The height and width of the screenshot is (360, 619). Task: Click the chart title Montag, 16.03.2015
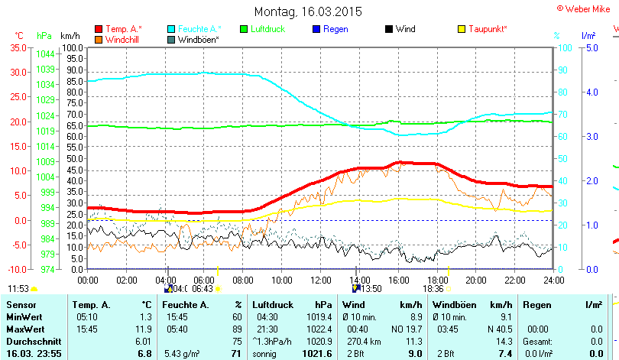tap(308, 12)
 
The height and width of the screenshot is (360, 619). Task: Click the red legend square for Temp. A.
tap(99, 29)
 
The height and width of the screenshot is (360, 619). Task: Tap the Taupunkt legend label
tap(488, 29)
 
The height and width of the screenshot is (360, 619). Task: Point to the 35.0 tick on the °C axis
tap(17, 47)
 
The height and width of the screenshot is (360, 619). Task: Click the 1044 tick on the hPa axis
tap(45, 54)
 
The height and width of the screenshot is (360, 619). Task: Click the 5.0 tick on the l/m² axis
tap(591, 47)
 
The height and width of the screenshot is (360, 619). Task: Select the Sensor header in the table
tap(21, 305)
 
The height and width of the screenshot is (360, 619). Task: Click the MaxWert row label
tap(24, 329)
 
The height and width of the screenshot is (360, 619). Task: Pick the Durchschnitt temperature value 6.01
tap(143, 341)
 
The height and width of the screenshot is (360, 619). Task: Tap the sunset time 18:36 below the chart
tap(433, 289)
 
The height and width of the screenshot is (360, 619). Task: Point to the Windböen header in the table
tap(455, 305)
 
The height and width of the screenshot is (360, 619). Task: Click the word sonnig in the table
tap(266, 354)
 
